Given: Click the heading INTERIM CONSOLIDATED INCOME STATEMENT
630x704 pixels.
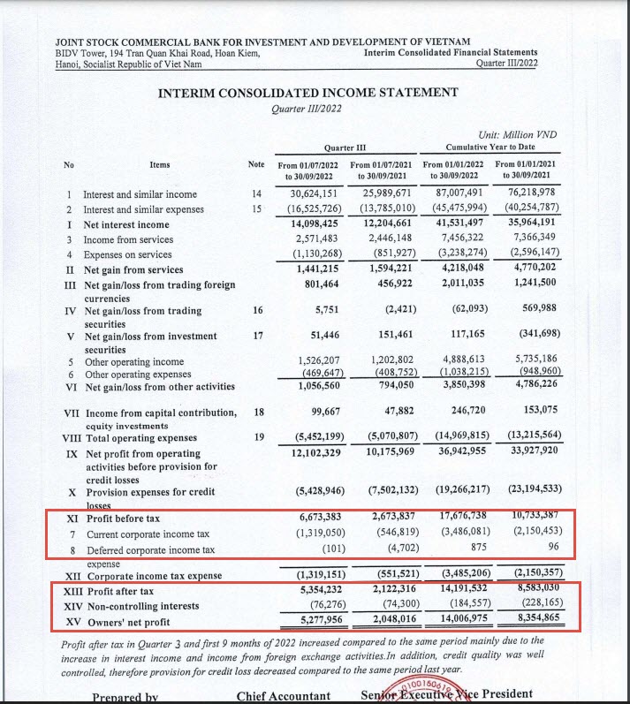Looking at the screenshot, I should [307, 93].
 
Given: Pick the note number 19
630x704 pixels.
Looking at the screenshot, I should [259, 435].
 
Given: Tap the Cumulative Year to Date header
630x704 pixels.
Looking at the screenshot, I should [491, 147].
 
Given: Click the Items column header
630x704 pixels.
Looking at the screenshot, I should [159, 164].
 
